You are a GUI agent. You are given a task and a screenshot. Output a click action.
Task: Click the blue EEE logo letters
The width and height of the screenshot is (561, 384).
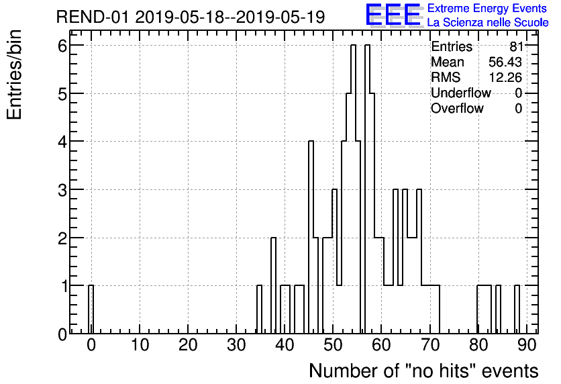pyautogui.click(x=393, y=15)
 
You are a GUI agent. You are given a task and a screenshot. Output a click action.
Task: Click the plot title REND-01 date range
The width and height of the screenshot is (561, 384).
pyautogui.click(x=191, y=17)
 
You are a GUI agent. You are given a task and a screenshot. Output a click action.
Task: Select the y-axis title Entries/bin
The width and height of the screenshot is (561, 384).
pyautogui.click(x=15, y=75)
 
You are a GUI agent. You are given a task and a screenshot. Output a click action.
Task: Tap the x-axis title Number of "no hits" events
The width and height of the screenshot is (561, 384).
pyautogui.click(x=423, y=371)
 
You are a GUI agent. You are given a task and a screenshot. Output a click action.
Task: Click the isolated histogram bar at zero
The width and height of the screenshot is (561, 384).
pyautogui.click(x=91, y=309)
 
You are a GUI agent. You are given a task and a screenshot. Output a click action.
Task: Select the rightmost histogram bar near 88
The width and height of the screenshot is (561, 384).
pyautogui.click(x=517, y=309)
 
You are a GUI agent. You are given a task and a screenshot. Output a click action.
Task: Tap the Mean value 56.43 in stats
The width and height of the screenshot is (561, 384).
pyautogui.click(x=505, y=62)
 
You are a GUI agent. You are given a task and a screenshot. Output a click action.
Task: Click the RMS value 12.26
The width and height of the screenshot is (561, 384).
pyautogui.click(x=505, y=77)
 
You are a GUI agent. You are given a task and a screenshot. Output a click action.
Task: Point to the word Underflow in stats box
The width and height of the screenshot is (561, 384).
pyautogui.click(x=460, y=93)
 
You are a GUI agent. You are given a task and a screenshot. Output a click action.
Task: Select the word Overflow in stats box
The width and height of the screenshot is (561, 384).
pyautogui.click(x=457, y=108)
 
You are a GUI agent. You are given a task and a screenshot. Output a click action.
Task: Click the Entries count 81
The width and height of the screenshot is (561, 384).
pyautogui.click(x=515, y=47)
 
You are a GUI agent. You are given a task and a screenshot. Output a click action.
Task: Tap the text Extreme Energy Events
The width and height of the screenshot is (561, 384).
pyautogui.click(x=487, y=9)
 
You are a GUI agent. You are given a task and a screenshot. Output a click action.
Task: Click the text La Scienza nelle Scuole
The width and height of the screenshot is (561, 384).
pyautogui.click(x=488, y=22)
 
